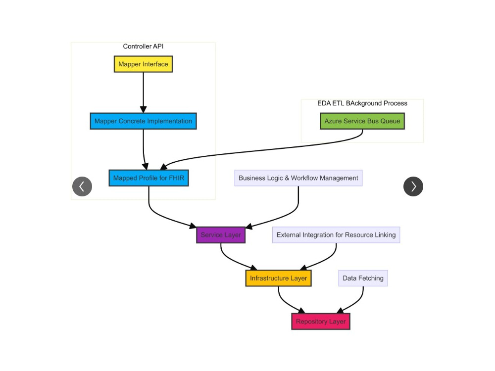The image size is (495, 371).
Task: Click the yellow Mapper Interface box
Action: pos(143,64)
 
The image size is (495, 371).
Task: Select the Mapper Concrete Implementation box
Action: pos(143,121)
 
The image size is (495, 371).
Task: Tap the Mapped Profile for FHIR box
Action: pos(148,178)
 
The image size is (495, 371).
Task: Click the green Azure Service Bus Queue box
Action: pos(362,121)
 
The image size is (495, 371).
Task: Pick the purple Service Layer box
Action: pos(221,235)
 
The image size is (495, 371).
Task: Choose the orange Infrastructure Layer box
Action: pos(278,278)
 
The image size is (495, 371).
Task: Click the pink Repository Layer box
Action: pos(320,322)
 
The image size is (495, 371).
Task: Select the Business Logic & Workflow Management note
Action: pos(298,178)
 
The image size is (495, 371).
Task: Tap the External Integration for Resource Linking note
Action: pos(336,235)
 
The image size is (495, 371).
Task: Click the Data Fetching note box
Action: pos(363,278)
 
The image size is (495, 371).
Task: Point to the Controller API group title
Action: pos(143,46)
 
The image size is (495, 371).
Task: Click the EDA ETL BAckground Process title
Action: pos(362,103)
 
